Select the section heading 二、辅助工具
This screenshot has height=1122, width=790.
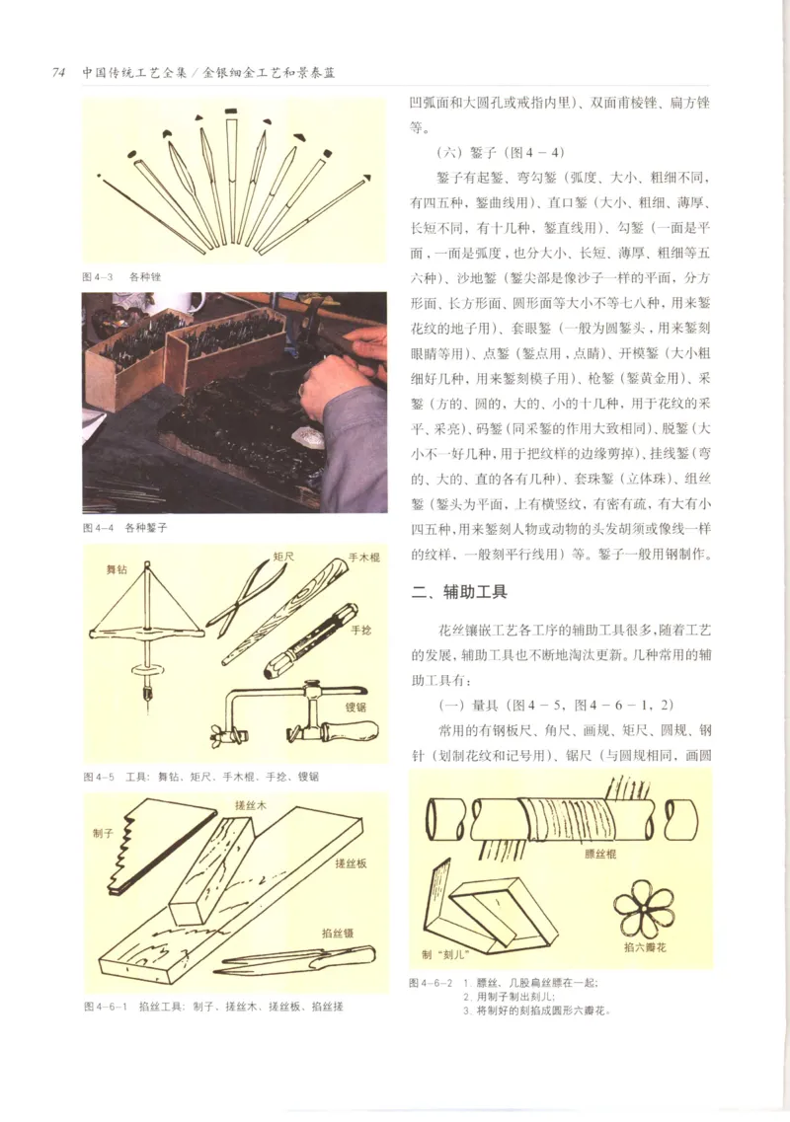[459, 592]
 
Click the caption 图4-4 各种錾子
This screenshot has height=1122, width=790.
[125, 527]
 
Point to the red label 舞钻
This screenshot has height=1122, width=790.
[118, 569]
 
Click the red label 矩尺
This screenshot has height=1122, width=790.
[285, 557]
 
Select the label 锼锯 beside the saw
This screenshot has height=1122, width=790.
[356, 707]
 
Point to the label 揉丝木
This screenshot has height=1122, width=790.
[250, 804]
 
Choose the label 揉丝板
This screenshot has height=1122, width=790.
[352, 862]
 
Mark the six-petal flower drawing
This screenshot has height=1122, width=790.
[642, 909]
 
